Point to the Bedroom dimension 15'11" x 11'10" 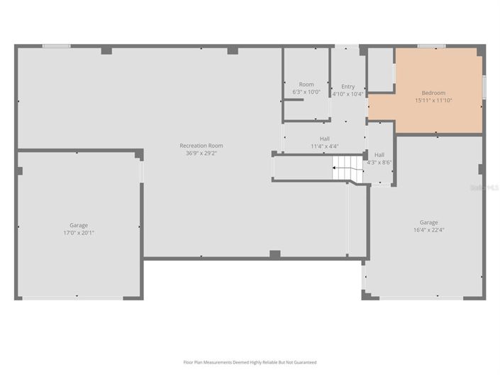click(433, 100)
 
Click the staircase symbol click(343, 173)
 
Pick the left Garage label click(79, 224)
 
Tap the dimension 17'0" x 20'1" click(79, 232)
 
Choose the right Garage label click(428, 222)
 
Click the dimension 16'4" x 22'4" click(428, 230)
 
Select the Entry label click(348, 87)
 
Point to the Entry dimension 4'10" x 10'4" click(348, 94)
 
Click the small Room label click(306, 85)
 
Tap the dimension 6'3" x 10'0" click(306, 92)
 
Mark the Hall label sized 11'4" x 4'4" click(324, 138)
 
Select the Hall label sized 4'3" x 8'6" click(379, 155)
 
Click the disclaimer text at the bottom click(250, 362)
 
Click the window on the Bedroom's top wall click(431, 46)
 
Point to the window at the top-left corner click(56, 46)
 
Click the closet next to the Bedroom click(381, 70)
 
